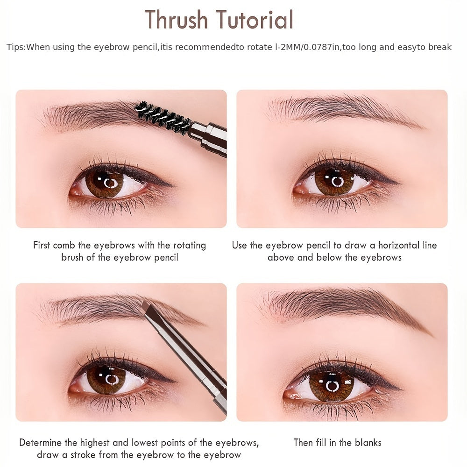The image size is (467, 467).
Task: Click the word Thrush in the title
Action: coord(177,20)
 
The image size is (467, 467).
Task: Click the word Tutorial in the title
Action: coord(254,20)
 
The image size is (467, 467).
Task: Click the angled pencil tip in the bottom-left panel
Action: coord(146,306)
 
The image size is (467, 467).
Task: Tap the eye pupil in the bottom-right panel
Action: coord(332,386)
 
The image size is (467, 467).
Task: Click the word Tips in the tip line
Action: coord(15,47)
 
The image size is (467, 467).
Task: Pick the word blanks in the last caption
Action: coord(367,442)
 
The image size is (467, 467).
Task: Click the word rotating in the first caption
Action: coord(190,245)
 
